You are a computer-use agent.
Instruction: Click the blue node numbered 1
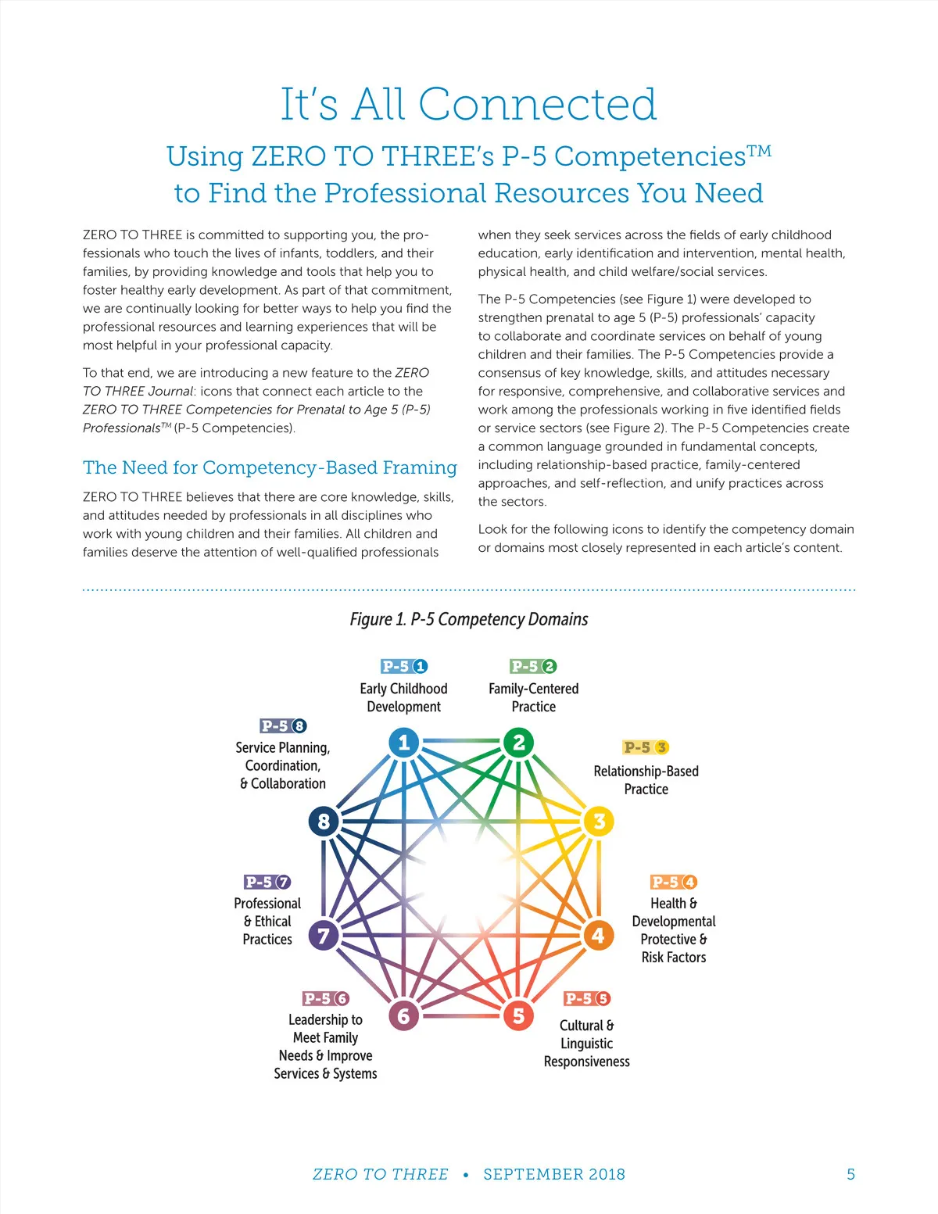click(x=403, y=743)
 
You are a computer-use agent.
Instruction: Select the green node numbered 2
click(x=518, y=743)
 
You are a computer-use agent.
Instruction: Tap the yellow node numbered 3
click(x=599, y=822)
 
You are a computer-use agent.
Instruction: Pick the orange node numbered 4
click(x=598, y=935)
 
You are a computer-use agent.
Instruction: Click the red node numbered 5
click(x=518, y=1015)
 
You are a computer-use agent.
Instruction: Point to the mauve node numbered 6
click(x=403, y=1015)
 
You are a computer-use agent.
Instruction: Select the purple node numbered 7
click(x=324, y=935)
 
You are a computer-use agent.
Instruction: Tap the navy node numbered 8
click(x=324, y=822)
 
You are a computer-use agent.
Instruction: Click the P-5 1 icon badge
click(x=404, y=666)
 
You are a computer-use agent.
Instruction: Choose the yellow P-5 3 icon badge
click(x=646, y=747)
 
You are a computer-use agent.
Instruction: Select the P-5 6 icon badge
click(x=326, y=997)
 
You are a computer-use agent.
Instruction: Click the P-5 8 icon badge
click(x=283, y=725)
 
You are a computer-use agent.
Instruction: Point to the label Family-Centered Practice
click(x=534, y=697)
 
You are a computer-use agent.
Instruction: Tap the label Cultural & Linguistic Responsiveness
click(x=586, y=1043)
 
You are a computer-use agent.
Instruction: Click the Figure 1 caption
click(x=469, y=619)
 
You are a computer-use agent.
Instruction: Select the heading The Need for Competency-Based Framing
click(x=270, y=467)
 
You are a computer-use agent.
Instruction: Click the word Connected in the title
click(x=538, y=104)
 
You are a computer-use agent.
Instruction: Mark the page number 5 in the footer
click(x=851, y=1174)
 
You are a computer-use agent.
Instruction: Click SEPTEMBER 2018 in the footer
click(x=554, y=1174)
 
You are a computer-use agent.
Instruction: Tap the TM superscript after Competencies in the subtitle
click(x=759, y=150)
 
